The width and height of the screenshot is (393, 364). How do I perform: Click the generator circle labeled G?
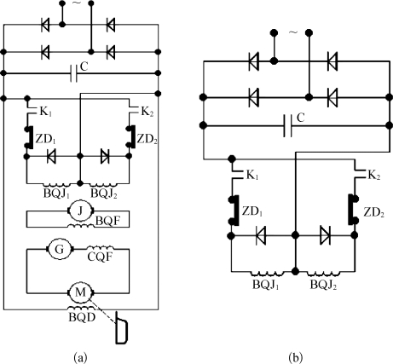tap(59, 249)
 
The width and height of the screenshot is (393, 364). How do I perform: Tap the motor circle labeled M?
tap(81, 292)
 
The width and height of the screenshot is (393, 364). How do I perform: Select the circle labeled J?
tap(81, 211)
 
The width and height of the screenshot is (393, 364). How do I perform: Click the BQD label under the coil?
tap(82, 317)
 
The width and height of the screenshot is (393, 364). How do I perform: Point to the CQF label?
tap(100, 257)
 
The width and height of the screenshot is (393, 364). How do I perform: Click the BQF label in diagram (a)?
tap(109, 221)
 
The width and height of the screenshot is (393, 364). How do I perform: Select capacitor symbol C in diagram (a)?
tap(73, 73)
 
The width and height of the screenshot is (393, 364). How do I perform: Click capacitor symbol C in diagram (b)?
tap(287, 125)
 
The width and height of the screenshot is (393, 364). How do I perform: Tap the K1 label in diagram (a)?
tap(45, 112)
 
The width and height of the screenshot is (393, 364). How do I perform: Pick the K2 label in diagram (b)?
tap(374, 175)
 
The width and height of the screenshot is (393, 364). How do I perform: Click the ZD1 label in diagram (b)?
tap(251, 211)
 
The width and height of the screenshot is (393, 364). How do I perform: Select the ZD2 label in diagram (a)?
tap(147, 140)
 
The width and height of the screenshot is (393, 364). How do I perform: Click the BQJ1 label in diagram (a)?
tap(56, 194)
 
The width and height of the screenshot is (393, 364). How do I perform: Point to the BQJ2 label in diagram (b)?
tap(323, 285)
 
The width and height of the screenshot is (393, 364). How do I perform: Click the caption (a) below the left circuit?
tap(80, 357)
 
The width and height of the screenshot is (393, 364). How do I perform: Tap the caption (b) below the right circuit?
tap(296, 357)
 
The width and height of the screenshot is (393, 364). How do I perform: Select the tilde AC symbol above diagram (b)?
tap(293, 32)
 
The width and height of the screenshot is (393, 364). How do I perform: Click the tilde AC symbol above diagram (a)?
tap(77, 3)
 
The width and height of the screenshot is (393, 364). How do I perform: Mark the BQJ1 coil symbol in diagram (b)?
tap(268, 274)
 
